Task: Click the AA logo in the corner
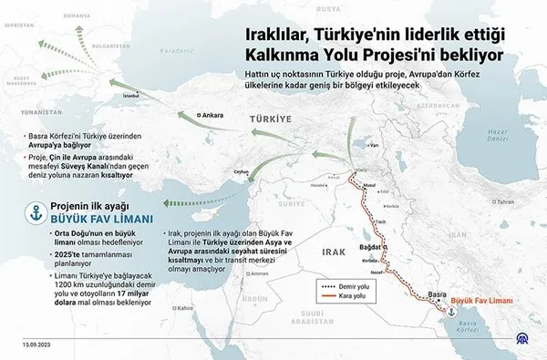[x=528, y=344]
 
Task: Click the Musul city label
[x=368, y=185]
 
